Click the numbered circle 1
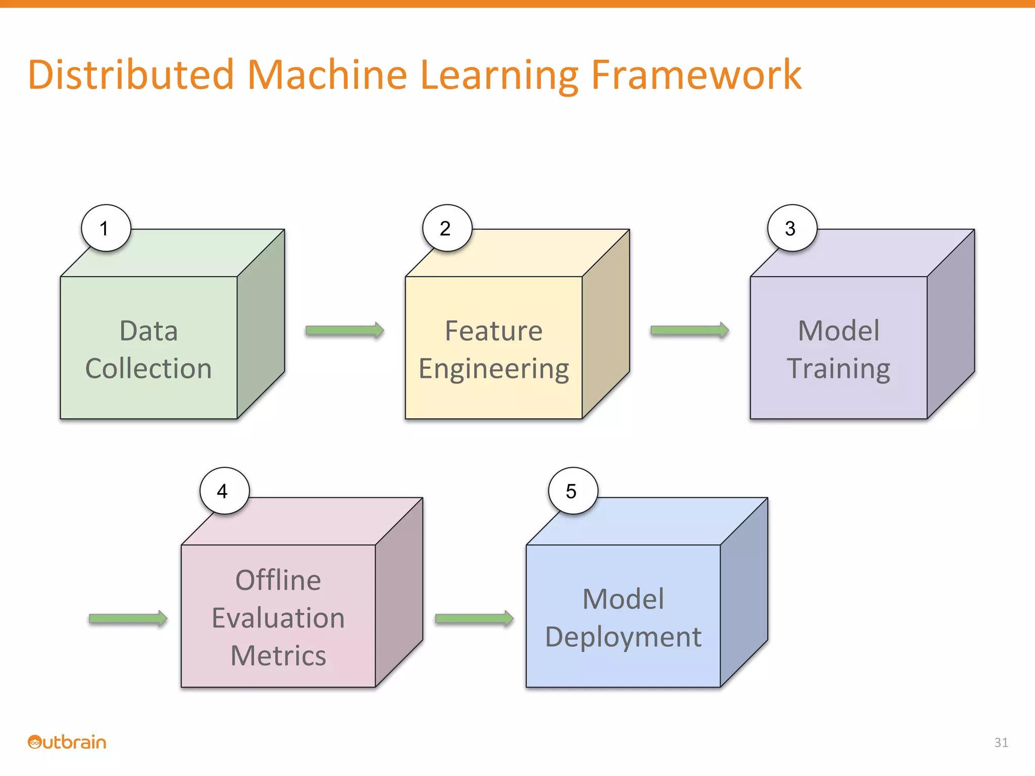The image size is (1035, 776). [x=106, y=228]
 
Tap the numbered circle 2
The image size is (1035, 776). [x=447, y=228]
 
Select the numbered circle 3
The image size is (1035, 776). [x=792, y=228]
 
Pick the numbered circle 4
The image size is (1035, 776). [x=224, y=491]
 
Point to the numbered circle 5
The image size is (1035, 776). [x=573, y=491]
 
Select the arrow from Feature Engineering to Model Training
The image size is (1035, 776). [x=689, y=330]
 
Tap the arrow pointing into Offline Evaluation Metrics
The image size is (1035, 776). [x=128, y=618]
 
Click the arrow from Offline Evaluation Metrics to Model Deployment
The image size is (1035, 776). [x=474, y=618]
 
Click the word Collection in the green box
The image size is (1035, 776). [x=148, y=368]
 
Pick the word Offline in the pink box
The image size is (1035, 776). [x=278, y=580]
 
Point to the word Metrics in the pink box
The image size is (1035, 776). [x=278, y=656]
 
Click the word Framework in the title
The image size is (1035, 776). [x=696, y=75]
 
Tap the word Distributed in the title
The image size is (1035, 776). [x=131, y=75]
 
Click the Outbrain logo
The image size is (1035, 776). [x=67, y=742]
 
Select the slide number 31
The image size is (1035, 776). [x=1001, y=742]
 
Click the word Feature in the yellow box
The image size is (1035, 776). [x=493, y=331]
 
